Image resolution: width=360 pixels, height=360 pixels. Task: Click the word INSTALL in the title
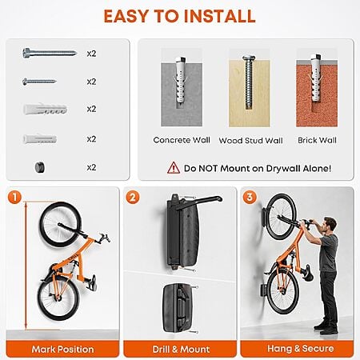[x=220, y=16]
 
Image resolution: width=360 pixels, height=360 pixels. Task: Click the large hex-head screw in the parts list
[x=50, y=53]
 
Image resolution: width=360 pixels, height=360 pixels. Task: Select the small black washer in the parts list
[x=40, y=167]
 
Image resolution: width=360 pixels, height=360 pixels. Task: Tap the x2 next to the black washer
[x=91, y=167]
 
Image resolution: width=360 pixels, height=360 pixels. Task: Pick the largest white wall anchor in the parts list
[x=45, y=109]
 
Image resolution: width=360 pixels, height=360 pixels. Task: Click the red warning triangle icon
[x=174, y=168]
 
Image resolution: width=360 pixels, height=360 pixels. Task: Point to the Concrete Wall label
[x=182, y=140]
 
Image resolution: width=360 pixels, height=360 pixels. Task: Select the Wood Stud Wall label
[x=250, y=141]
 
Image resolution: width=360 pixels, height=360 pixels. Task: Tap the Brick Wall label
[x=317, y=140]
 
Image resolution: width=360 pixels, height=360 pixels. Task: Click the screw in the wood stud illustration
[x=249, y=82]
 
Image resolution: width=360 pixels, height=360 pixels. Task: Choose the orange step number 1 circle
[x=14, y=197]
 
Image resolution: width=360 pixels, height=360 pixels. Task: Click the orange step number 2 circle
[x=133, y=198]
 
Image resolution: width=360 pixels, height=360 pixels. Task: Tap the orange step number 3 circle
[x=250, y=197]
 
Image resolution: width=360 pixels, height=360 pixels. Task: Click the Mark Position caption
[x=62, y=349]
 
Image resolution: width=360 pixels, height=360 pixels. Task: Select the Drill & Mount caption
[x=181, y=349]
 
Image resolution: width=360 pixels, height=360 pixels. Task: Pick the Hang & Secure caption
[x=301, y=348]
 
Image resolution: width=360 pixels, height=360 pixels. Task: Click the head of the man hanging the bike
[x=330, y=225]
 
